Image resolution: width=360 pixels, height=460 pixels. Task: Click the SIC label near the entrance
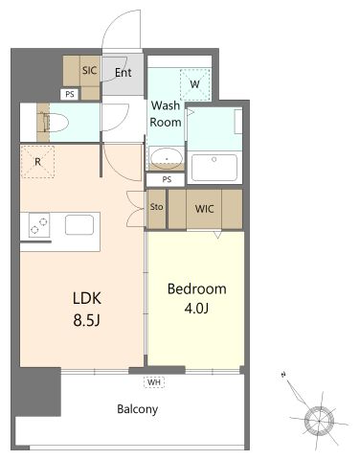pyautogui.click(x=89, y=70)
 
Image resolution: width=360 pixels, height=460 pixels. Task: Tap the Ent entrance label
pyautogui.click(x=124, y=73)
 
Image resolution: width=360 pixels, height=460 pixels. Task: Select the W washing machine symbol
pyautogui.click(x=195, y=84)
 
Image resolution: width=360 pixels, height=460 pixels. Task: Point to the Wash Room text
pyautogui.click(x=166, y=114)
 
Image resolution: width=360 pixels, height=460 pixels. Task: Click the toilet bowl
pyautogui.click(x=56, y=123)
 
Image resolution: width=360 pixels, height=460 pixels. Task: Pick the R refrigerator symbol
pyautogui.click(x=37, y=162)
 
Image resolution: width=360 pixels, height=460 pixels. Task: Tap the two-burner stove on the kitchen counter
pyautogui.click(x=39, y=225)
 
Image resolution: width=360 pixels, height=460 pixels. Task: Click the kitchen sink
pyautogui.click(x=79, y=225)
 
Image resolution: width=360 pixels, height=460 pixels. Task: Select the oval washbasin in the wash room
pyautogui.click(x=167, y=158)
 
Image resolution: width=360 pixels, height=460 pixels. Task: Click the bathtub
pyautogui.click(x=214, y=168)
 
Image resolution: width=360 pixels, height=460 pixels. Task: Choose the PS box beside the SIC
pyautogui.click(x=70, y=94)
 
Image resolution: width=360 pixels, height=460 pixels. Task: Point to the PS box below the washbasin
pyautogui.click(x=166, y=179)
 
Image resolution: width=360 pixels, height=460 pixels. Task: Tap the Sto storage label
pyautogui.click(x=156, y=207)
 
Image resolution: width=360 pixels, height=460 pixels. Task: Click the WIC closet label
pyautogui.click(x=204, y=209)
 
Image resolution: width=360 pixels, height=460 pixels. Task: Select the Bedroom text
pyautogui.click(x=197, y=288)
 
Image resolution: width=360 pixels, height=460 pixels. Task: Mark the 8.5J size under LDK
pyautogui.click(x=87, y=320)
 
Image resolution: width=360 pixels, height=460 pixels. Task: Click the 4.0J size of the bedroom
pyautogui.click(x=196, y=309)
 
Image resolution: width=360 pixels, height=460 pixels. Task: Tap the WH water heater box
pyautogui.click(x=154, y=382)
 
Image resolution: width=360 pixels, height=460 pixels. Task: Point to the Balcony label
pyautogui.click(x=138, y=409)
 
